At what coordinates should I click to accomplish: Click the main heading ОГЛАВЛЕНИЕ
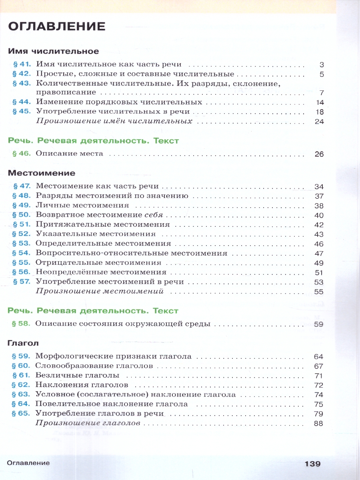pos(57,27)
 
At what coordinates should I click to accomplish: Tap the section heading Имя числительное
pos(53,52)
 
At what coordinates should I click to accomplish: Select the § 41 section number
pos(22,64)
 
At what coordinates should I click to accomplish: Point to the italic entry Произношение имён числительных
pos(114,121)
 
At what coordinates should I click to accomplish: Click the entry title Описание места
pos(69,154)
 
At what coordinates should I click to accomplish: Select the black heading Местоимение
pos(42,173)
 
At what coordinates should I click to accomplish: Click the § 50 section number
pos(22,215)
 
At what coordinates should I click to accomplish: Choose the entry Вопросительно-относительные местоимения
pos(131,253)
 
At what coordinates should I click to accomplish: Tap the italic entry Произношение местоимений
pos(100,291)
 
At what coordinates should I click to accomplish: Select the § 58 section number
pos(22,324)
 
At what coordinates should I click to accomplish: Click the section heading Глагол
pos(23,343)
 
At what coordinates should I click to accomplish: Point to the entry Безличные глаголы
pos(78,376)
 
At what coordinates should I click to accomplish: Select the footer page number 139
pos(312,464)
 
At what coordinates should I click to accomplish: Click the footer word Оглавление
pos(28,463)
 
